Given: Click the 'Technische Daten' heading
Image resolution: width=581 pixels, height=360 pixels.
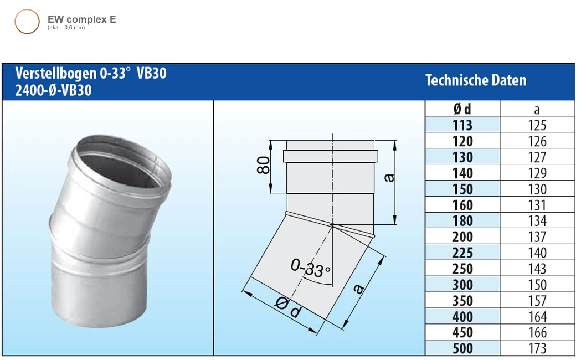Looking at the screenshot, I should pos(476,81).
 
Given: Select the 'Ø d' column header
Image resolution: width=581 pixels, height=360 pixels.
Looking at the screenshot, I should pos(462,109).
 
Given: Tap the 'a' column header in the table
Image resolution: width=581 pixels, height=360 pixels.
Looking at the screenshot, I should pos(537,109).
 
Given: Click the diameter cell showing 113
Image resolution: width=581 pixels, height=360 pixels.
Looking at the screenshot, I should pos(462,125).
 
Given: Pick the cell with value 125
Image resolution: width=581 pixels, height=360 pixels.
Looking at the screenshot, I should pos(537,125).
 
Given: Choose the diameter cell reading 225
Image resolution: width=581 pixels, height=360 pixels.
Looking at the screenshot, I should pos(462,253).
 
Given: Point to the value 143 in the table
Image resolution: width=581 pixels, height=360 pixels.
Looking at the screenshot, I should pos(537,269).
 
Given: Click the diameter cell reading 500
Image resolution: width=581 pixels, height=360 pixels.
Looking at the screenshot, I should pos(462,348).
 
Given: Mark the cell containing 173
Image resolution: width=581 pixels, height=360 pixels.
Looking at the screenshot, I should pos(537,348).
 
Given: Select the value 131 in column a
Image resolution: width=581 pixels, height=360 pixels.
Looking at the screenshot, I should pos(537,205).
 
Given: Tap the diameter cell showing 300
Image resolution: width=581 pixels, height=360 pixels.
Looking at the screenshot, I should pos(462,285).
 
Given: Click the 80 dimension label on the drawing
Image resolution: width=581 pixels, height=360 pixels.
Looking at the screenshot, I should pos(264,165).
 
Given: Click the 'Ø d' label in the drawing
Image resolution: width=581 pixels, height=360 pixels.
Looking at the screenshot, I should pos(288,308).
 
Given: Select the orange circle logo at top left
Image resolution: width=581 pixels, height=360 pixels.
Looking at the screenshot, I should pos(27,22).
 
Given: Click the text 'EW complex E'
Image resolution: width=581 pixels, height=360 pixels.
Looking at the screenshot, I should pos(81,20).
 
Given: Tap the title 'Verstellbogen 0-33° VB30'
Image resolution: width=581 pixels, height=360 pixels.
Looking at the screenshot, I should pos(91,74).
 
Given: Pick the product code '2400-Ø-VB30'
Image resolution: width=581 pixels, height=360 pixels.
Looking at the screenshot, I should pos(53,90).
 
